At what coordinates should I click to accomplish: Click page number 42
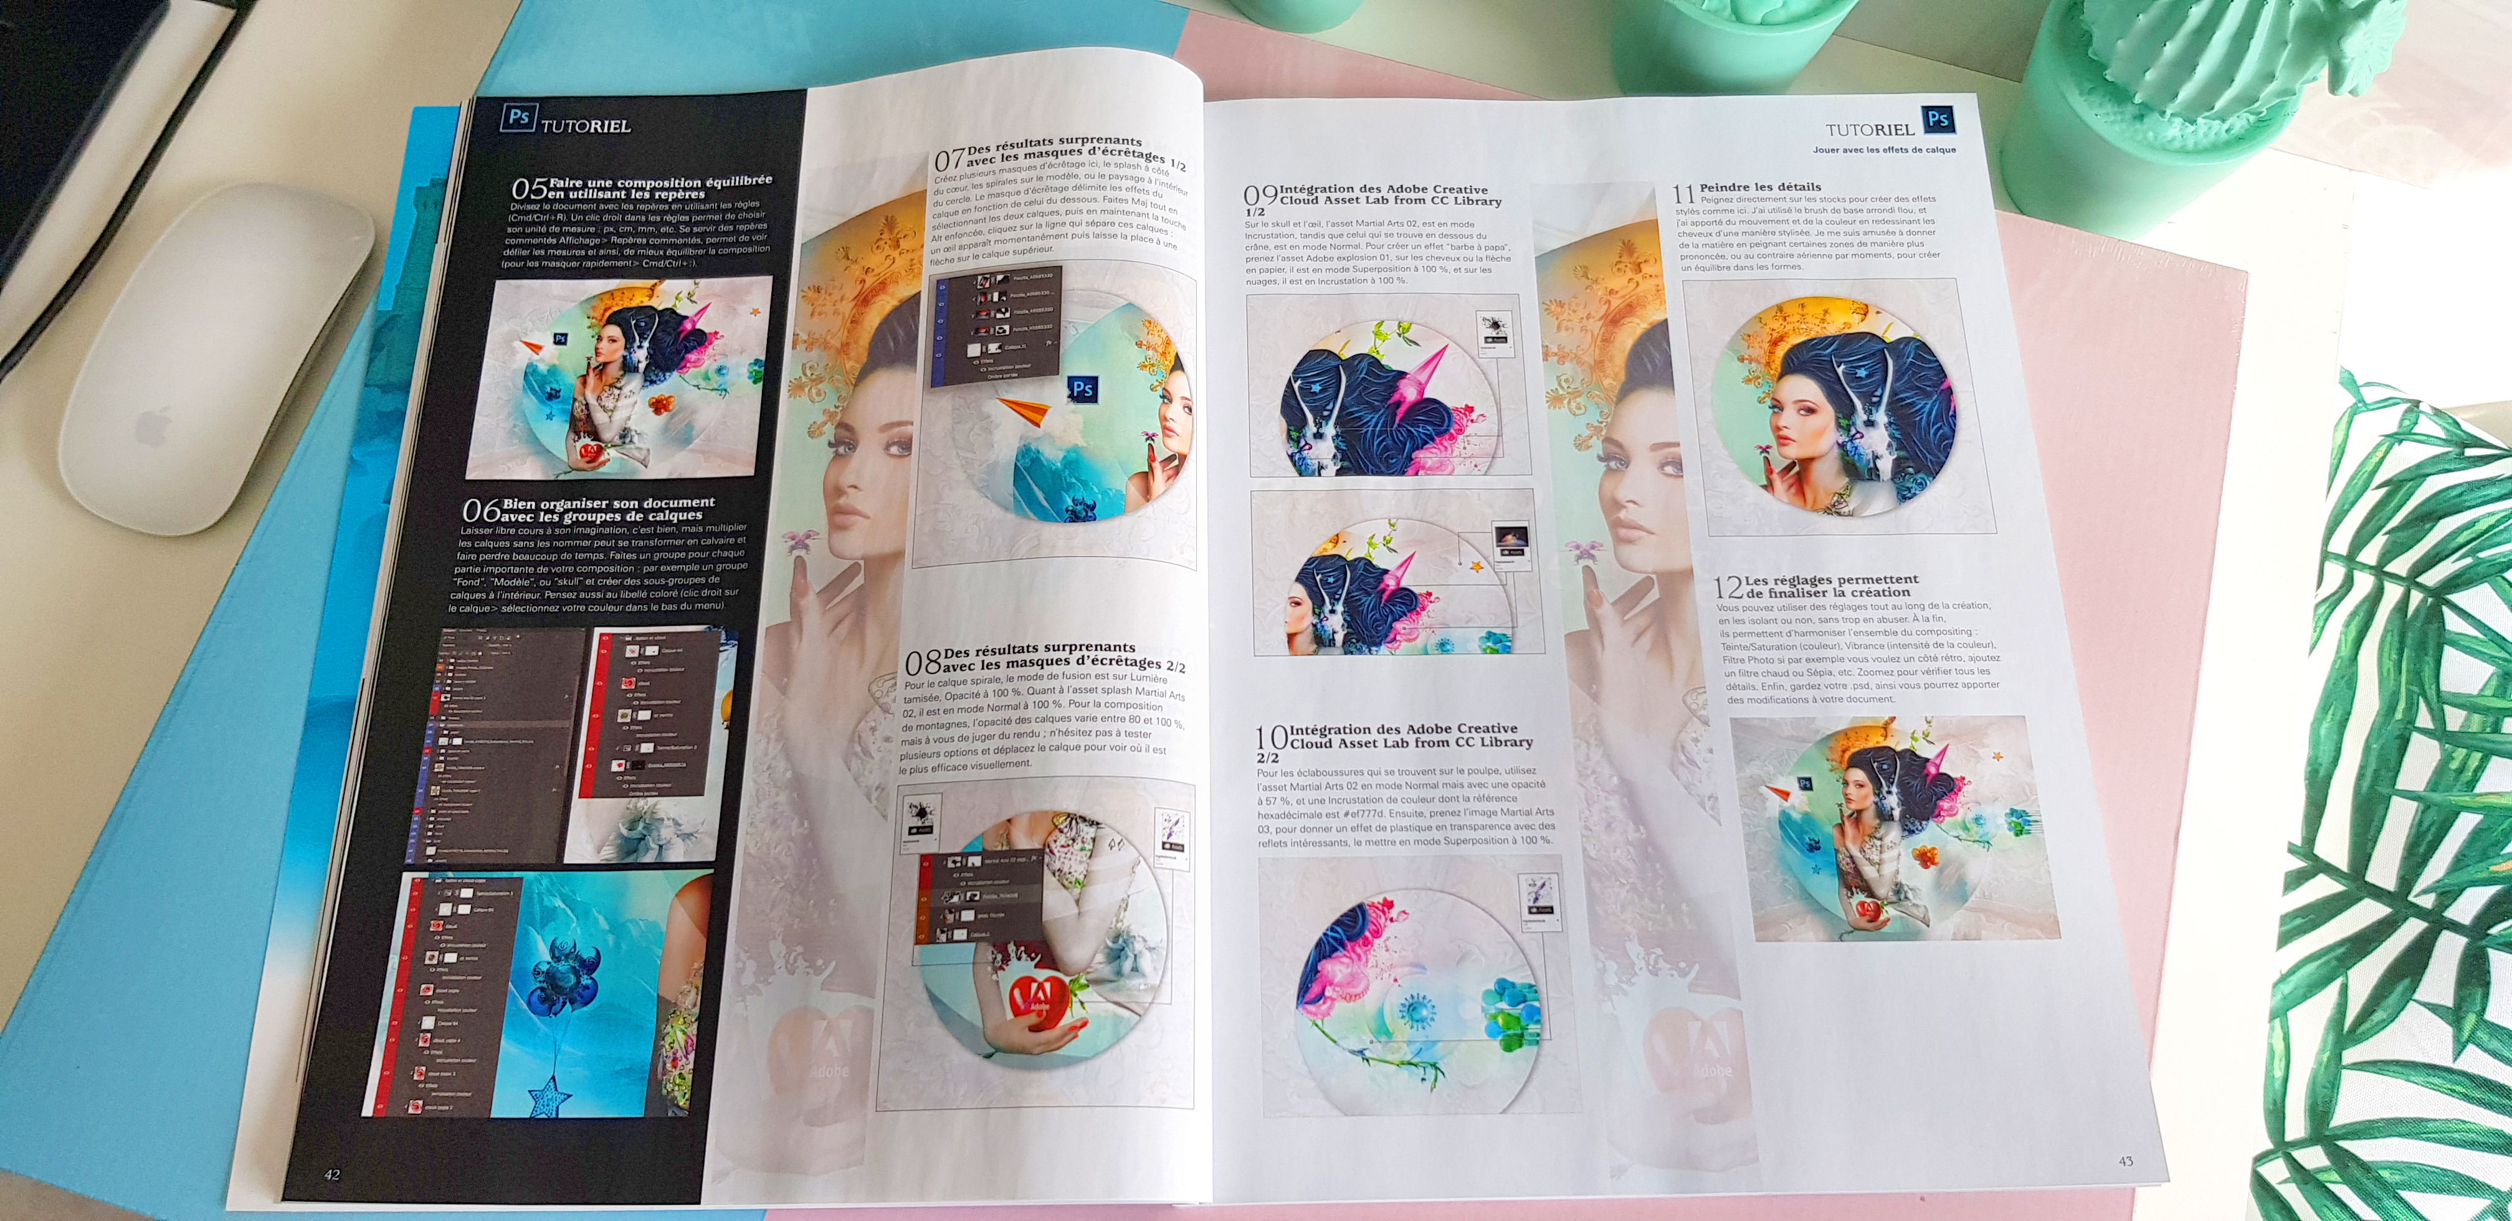pyautogui.click(x=331, y=1174)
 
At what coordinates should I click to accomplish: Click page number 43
pyautogui.click(x=2126, y=1161)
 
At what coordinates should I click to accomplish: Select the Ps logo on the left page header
pyautogui.click(x=518, y=118)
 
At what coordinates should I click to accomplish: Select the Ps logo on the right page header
pyautogui.click(x=1938, y=120)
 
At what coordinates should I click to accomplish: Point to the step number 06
pyautogui.click(x=481, y=510)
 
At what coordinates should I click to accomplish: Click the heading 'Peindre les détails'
pyautogui.click(x=1760, y=186)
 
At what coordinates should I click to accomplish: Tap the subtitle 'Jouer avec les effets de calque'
pyautogui.click(x=1884, y=150)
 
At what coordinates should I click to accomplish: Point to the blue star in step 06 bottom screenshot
pyautogui.click(x=548, y=1093)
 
